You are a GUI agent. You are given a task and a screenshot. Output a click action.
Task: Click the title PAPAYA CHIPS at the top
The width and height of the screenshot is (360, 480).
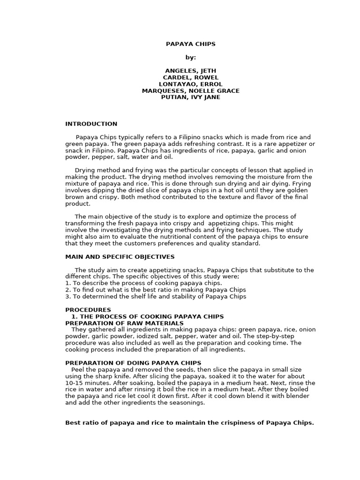pyautogui.click(x=191, y=44)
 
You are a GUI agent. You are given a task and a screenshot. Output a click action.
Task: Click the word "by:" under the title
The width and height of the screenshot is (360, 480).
pyautogui.click(x=191, y=57)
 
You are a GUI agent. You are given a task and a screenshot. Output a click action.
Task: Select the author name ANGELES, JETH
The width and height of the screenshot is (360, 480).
pyautogui.click(x=191, y=71)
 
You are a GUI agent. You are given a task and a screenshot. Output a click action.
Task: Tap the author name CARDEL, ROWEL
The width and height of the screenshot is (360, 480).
pyautogui.click(x=191, y=77)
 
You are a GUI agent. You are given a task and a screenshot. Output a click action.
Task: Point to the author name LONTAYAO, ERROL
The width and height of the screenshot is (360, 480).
pyautogui.click(x=191, y=84)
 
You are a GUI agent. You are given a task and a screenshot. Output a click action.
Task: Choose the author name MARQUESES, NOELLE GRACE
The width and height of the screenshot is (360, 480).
pyautogui.click(x=191, y=90)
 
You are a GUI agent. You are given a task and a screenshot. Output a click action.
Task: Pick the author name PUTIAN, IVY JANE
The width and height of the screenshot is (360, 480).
pyautogui.click(x=191, y=97)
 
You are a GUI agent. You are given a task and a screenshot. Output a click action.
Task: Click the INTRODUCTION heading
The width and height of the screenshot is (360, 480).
pyautogui.click(x=91, y=124)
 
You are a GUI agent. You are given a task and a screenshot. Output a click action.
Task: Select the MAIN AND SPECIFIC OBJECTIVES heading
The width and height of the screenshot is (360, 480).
pyautogui.click(x=120, y=257)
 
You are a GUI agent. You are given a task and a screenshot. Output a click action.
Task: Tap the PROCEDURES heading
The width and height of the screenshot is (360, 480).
pyautogui.click(x=88, y=310)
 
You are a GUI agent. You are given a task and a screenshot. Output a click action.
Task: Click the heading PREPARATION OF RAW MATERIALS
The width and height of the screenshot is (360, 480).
pyautogui.click(x=124, y=323)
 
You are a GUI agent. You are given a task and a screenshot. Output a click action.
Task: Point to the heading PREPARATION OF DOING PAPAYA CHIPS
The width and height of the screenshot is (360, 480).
pyautogui.click(x=133, y=363)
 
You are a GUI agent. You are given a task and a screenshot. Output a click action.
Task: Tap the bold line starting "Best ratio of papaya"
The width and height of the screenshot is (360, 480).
pyautogui.click(x=189, y=423)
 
